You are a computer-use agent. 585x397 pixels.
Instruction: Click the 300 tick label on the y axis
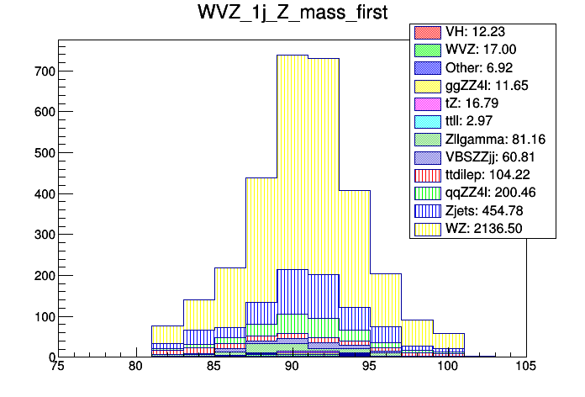(43, 235)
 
